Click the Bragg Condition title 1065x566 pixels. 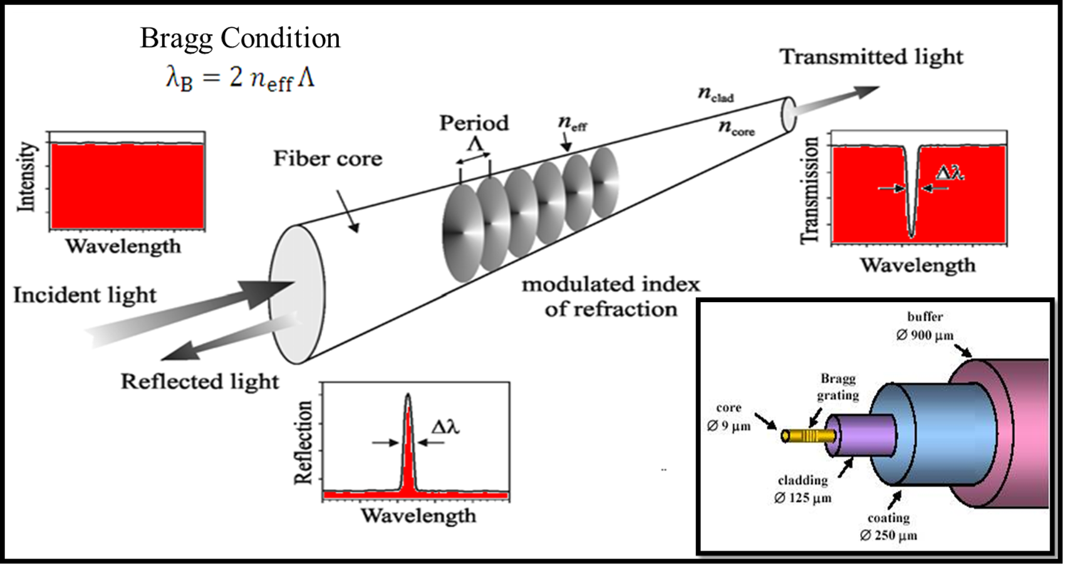coord(240,38)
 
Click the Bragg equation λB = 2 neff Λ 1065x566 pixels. coord(240,79)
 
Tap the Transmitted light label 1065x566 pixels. coord(871,57)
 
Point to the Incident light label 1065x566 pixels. coord(85,295)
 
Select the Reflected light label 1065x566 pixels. coord(199,381)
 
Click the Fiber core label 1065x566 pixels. coord(327,159)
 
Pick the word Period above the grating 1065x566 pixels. coord(474,123)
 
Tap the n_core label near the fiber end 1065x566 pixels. coord(736,128)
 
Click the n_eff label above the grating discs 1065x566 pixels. coord(573,123)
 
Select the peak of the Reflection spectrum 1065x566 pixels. coord(408,397)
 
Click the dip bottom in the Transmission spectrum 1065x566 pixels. coord(912,235)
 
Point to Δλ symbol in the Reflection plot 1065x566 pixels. coord(445,427)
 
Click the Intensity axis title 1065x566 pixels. coord(26,177)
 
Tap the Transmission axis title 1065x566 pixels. coord(810,190)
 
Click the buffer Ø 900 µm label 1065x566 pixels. coord(925,326)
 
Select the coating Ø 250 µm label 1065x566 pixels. coord(888,527)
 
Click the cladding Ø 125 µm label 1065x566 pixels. coord(803,489)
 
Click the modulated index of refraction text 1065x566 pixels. coord(611,296)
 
